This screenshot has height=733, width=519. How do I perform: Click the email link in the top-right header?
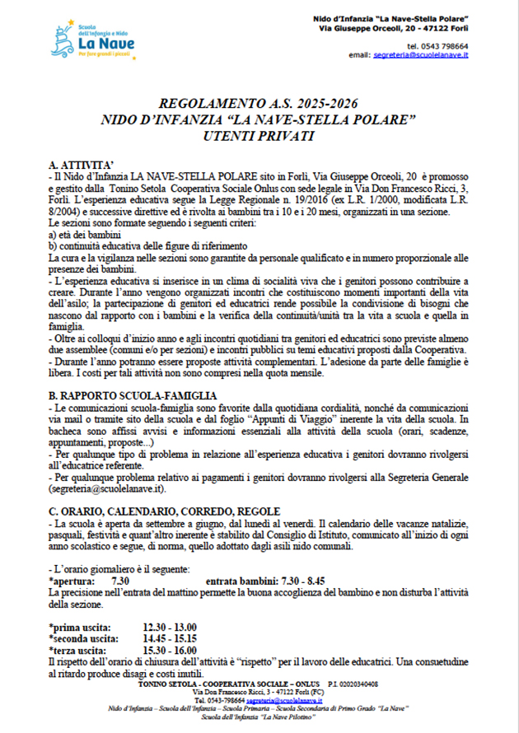tap(420, 54)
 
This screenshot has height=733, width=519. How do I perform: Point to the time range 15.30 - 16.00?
tap(170, 651)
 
